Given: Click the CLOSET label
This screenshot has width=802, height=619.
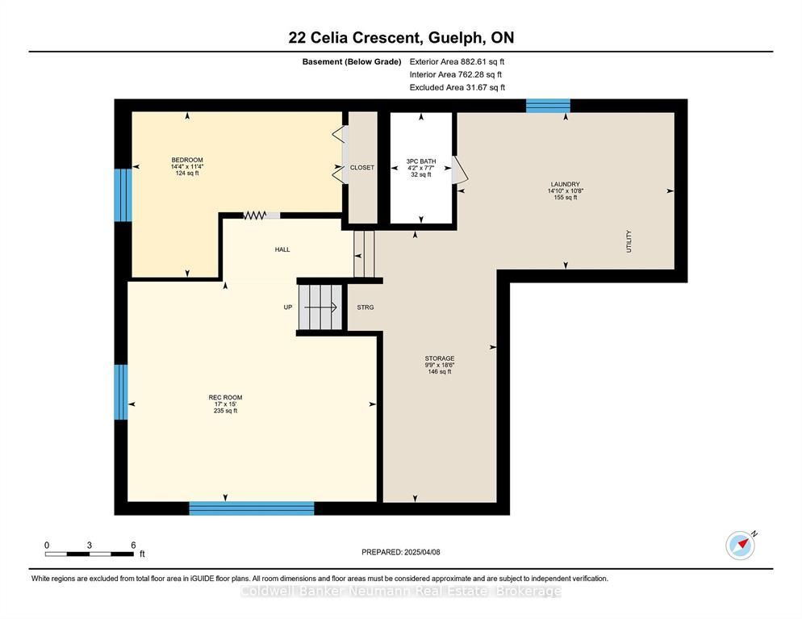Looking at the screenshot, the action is click(x=362, y=168).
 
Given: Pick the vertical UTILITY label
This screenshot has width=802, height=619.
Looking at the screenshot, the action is click(x=629, y=241).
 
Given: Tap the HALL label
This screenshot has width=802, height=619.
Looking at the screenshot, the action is click(x=282, y=249).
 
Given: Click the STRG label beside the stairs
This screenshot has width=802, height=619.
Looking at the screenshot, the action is click(x=365, y=307).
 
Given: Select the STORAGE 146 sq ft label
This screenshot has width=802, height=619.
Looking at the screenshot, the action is click(x=440, y=365).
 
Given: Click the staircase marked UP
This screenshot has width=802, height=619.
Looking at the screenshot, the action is click(x=320, y=307).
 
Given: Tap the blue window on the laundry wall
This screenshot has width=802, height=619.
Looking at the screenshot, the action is click(x=548, y=106).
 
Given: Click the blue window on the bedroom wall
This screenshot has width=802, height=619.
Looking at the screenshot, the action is click(x=123, y=195).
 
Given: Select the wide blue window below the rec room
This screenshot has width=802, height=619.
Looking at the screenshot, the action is click(x=252, y=508).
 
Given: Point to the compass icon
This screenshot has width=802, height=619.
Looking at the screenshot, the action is click(x=741, y=546).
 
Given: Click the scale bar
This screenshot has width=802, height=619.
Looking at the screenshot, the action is click(x=90, y=554).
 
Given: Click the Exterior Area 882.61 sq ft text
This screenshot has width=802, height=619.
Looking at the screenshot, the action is click(x=457, y=61).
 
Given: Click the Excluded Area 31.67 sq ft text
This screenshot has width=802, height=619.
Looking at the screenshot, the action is click(x=457, y=87).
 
